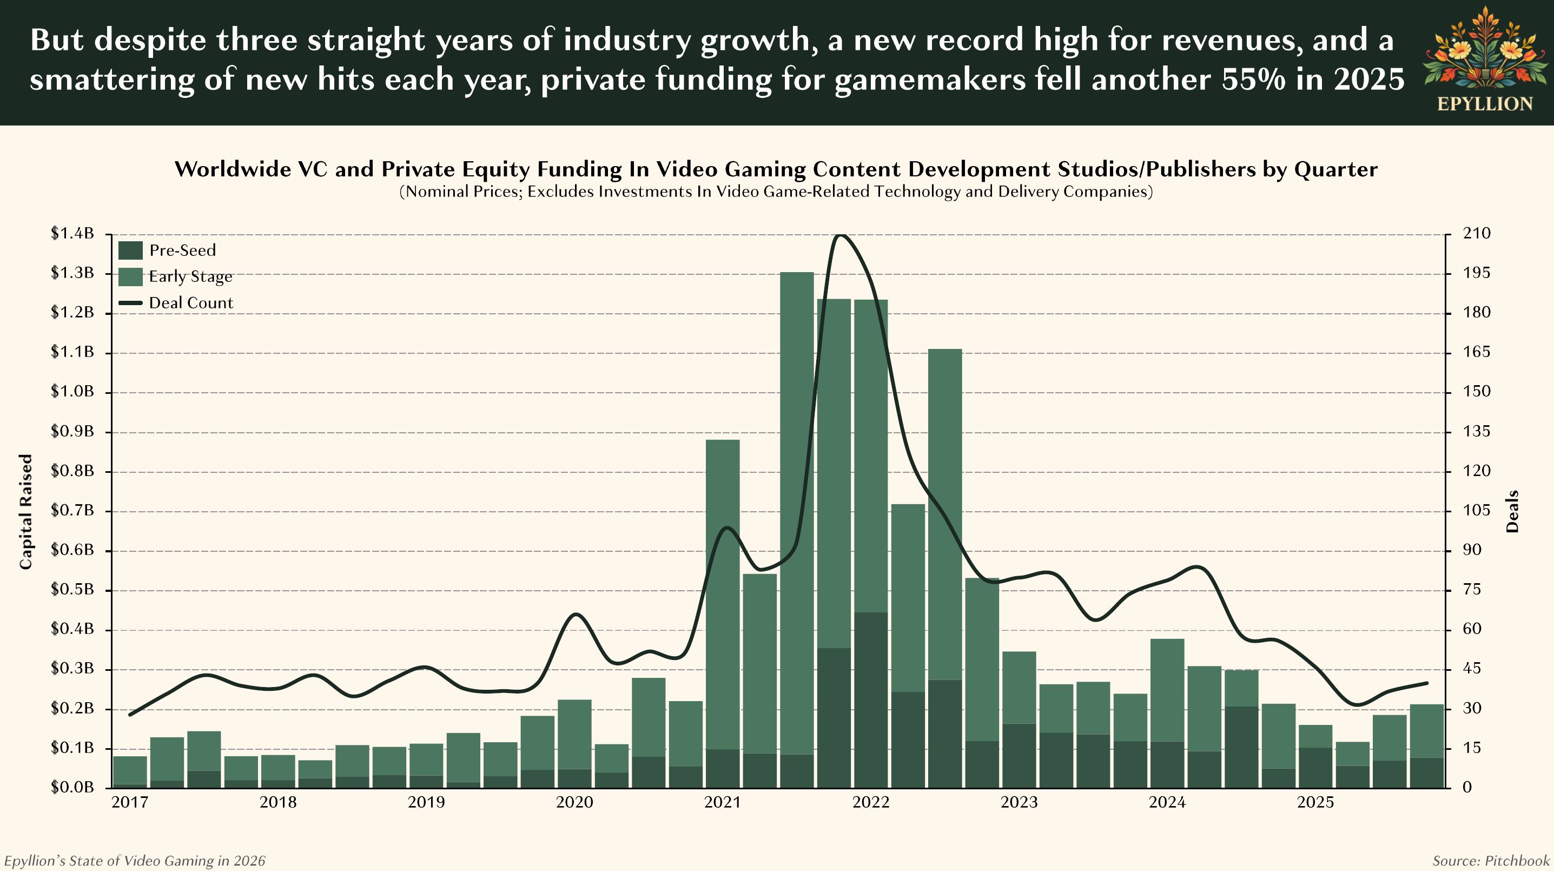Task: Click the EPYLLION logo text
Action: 1485,104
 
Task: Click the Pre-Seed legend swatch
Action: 130,250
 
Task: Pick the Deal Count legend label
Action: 190,303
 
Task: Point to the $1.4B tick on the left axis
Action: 72,233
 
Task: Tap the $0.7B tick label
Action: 72,511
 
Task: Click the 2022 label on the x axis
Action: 870,803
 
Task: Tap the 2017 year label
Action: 130,803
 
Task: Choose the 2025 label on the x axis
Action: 1315,803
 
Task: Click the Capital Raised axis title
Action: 25,511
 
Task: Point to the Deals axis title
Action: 1512,511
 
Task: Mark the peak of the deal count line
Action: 842,235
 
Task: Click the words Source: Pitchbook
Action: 1491,861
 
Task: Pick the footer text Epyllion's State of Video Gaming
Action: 134,861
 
